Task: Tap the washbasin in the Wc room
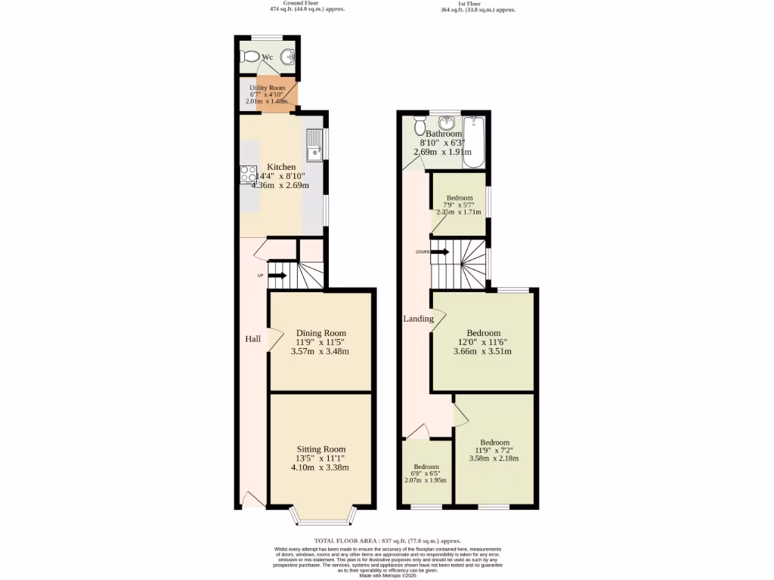288,57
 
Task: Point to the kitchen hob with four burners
248,174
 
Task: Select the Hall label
252,339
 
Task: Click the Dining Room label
320,333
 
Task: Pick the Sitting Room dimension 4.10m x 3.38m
320,467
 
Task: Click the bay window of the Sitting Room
321,520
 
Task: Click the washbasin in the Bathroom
447,123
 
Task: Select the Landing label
418,319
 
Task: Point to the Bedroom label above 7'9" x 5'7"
460,199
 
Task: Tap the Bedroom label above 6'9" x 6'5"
426,467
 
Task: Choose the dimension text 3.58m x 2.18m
494,458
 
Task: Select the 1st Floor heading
478,3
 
